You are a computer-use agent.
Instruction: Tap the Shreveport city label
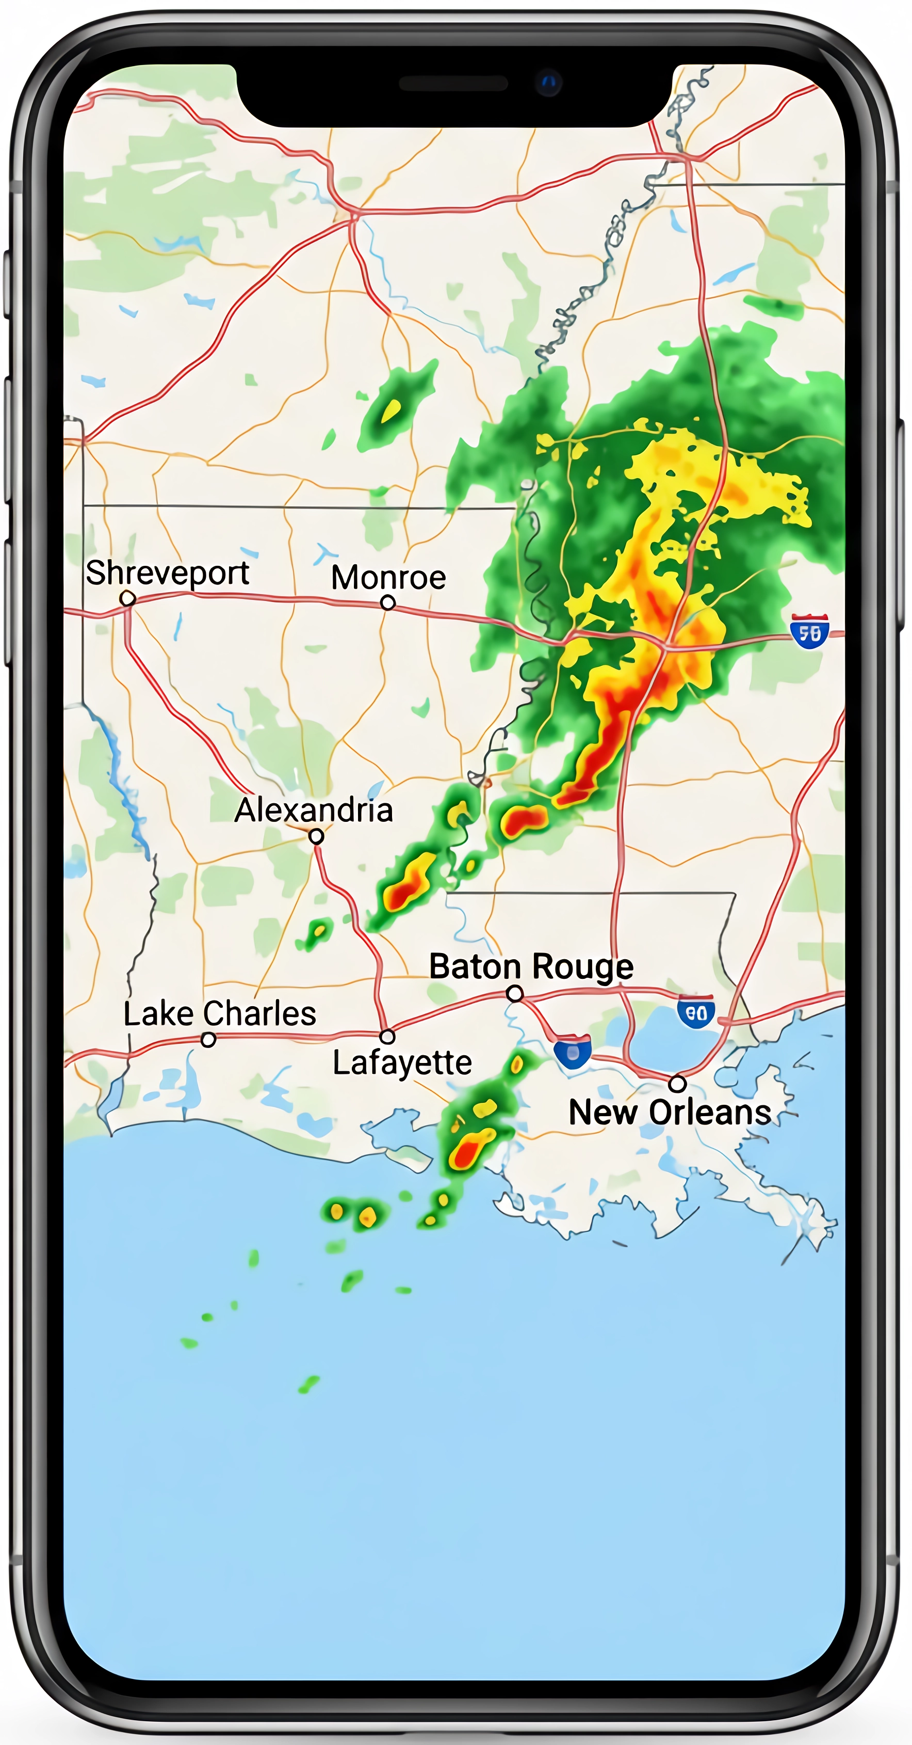pos(167,573)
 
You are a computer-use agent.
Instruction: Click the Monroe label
pos(388,578)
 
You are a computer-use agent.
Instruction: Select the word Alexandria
pos(314,810)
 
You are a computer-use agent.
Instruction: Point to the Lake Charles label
pos(219,1014)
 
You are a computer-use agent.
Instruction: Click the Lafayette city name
pos(402,1062)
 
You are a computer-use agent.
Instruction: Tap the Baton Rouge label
pos(531,966)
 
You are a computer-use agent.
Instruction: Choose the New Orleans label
pos(670,1112)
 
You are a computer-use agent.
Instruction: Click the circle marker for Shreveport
pos(127,598)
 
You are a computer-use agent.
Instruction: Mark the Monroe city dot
pos(388,602)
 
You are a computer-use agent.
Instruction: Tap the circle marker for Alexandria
pos(316,836)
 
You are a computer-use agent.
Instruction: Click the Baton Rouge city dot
pos(515,994)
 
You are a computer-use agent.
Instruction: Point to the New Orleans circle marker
pos(677,1084)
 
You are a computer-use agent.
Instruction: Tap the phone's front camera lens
pos(548,83)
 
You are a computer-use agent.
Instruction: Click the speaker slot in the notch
pos(453,83)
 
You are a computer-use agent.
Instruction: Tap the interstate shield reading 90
pos(696,1012)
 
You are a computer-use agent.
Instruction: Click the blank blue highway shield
pos(573,1053)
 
